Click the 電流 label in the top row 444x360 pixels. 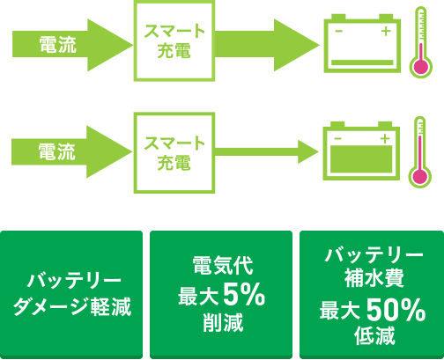(58, 45)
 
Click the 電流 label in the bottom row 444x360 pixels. (57, 151)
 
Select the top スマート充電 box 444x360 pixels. (174, 40)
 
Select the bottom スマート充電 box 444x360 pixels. (174, 153)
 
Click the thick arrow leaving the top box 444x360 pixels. (267, 45)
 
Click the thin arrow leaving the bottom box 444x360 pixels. (267, 151)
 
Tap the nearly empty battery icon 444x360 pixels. (362, 43)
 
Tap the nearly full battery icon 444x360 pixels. (361, 151)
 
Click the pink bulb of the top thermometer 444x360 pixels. (421, 67)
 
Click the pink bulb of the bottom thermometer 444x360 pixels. (420, 177)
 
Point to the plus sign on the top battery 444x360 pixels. (386, 31)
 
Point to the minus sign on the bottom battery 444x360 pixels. (337, 138)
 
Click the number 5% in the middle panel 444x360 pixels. (244, 295)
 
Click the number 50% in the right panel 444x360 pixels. (396, 310)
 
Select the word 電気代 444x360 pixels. (223, 266)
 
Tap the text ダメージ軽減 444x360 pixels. (72, 307)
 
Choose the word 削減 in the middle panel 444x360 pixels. (223, 322)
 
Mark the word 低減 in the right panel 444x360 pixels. (374, 335)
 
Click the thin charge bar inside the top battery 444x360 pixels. (362, 62)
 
